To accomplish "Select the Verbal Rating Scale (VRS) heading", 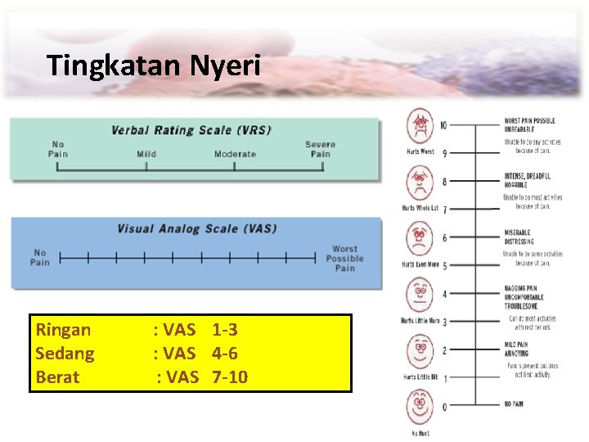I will pyautogui.click(x=191, y=130).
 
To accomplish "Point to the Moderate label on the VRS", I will pyautogui.click(x=235, y=154).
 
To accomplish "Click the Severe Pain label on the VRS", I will pyautogui.click(x=320, y=149).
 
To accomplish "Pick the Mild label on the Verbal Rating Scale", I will pyautogui.click(x=146, y=154).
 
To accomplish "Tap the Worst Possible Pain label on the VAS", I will pyautogui.click(x=344, y=259).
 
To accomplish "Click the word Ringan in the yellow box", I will pyautogui.click(x=63, y=330).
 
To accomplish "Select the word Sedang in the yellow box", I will pyautogui.click(x=65, y=354).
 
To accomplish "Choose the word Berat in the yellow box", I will pyautogui.click(x=57, y=377).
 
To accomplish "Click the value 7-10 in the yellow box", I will pyautogui.click(x=230, y=377).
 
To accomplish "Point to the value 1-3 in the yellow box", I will pyautogui.click(x=224, y=330).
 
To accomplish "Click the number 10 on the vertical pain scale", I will pyautogui.click(x=443, y=125).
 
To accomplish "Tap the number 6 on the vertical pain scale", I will pyautogui.click(x=444, y=237).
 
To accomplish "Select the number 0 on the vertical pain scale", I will pyautogui.click(x=444, y=406).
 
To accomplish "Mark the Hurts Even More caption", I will pyautogui.click(x=420, y=265).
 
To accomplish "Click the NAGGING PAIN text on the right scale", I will pyautogui.click(x=520, y=289).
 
